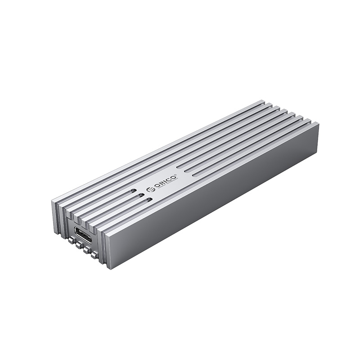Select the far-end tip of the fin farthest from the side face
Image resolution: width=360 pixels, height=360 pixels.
(262, 102)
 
